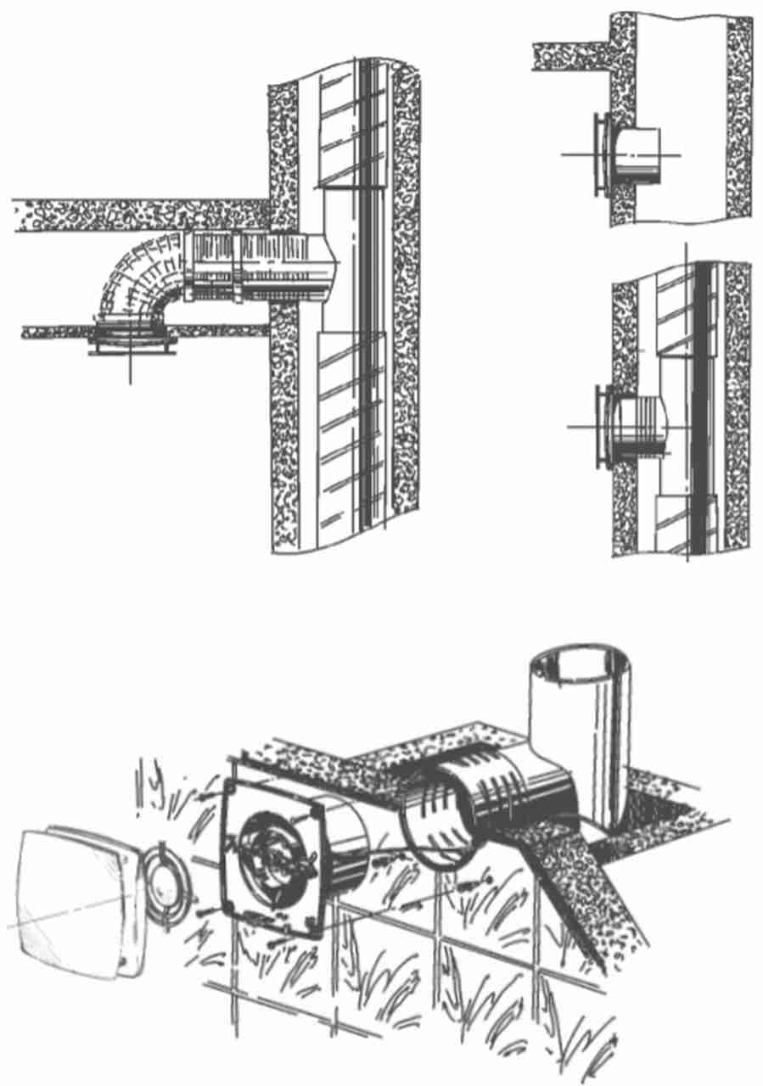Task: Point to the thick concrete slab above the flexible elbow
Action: (x=136, y=216)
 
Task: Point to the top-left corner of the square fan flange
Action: (x=230, y=790)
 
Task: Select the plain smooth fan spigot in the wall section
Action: (x=641, y=152)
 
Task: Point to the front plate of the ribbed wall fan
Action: (x=602, y=425)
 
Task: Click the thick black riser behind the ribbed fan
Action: (x=701, y=407)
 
